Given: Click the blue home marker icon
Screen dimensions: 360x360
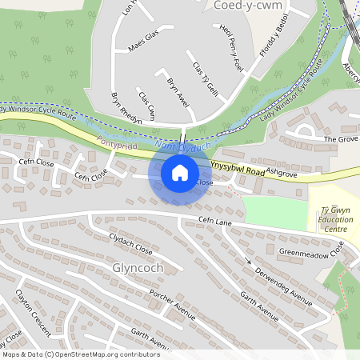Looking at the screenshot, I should (180, 172).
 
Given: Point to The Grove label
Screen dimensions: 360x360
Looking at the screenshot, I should (340, 138).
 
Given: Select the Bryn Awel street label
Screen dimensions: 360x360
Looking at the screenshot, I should (177, 93).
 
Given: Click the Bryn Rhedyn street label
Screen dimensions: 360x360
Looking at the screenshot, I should (126, 106).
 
